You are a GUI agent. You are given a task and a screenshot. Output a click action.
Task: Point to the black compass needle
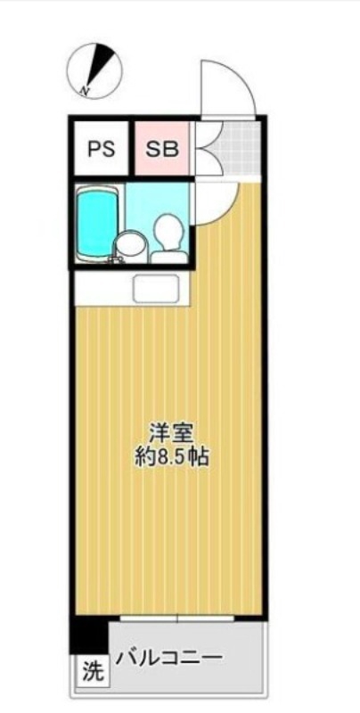coord(104,65)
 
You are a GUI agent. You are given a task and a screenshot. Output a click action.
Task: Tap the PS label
coord(102,149)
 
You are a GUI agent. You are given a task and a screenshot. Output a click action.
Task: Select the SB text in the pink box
coord(162,149)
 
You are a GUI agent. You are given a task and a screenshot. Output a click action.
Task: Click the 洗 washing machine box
coord(89,670)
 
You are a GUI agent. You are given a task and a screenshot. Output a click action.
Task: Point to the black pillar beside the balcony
coord(88,635)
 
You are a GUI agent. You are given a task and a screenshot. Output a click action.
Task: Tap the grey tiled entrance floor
coord(238,147)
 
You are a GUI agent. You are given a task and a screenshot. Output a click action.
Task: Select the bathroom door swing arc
coord(212,201)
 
